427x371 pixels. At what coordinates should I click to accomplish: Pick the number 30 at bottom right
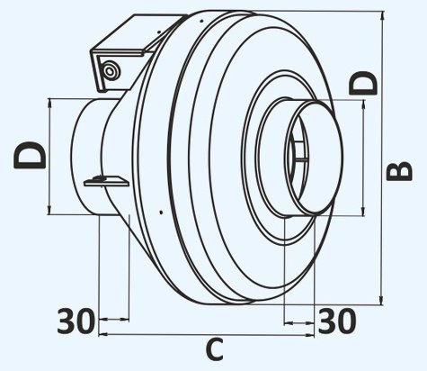337,320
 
